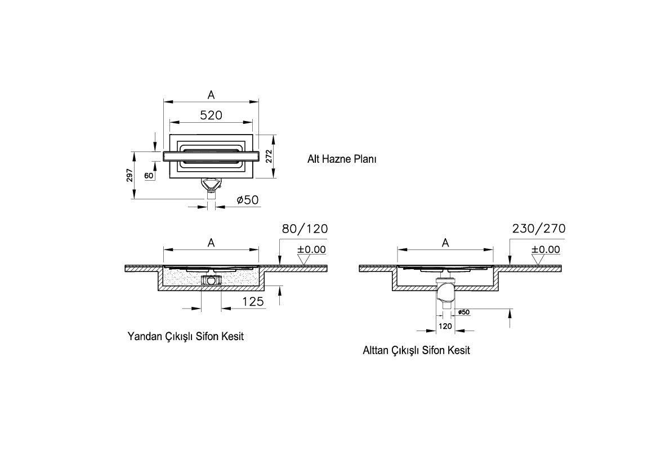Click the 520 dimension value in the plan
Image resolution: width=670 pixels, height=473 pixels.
click(x=211, y=115)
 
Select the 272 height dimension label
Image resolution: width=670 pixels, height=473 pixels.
click(x=269, y=156)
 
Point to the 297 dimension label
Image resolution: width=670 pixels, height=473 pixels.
click(x=129, y=175)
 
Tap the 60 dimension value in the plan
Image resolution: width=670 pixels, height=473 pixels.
click(x=149, y=176)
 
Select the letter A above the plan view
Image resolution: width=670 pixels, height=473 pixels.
click(x=211, y=95)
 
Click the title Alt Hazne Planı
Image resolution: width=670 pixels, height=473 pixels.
click(x=341, y=159)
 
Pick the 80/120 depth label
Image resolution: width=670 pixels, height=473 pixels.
click(x=304, y=229)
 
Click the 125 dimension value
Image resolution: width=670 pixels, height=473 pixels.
click(x=253, y=302)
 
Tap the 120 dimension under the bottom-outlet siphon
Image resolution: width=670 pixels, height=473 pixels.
click(x=445, y=326)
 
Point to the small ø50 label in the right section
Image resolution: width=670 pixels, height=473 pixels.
click(x=463, y=312)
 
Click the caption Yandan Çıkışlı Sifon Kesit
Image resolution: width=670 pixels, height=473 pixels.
click(x=185, y=336)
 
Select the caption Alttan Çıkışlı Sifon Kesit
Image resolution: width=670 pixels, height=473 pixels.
click(x=416, y=350)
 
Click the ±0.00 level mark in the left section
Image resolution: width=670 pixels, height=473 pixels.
click(x=311, y=249)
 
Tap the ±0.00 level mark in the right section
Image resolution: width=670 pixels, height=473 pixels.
click(x=546, y=249)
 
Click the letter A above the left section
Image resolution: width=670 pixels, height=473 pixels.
click(x=211, y=242)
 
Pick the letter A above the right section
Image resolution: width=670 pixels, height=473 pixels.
click(x=445, y=242)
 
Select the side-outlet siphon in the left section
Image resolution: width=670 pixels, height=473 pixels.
click(x=211, y=279)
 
